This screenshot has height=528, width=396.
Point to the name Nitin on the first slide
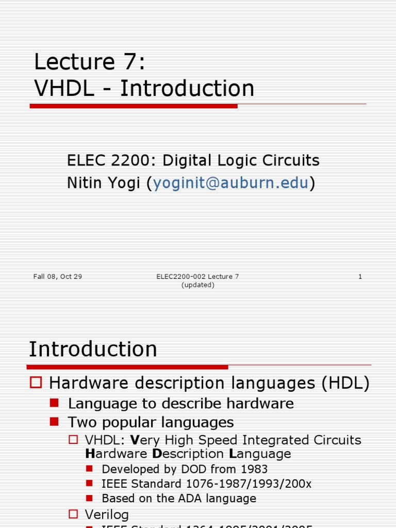click(85, 183)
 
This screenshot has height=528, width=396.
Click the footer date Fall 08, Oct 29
click(57, 277)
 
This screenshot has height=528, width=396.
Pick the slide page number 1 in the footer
click(360, 277)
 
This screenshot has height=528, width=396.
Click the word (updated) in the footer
click(198, 285)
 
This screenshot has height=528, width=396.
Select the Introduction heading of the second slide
click(93, 349)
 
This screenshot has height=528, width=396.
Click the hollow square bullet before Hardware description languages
click(36, 383)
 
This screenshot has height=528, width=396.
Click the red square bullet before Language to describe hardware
click(55, 403)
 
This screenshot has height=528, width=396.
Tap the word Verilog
click(107, 514)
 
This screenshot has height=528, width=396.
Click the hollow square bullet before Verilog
click(74, 514)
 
